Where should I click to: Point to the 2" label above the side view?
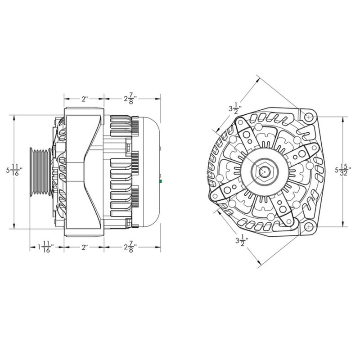(84, 99)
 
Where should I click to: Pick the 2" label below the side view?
(84, 247)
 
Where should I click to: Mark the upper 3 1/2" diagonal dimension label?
(235, 108)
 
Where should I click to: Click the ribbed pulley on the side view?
(40, 171)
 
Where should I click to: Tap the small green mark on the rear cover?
(161, 182)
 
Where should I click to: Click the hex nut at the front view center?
(264, 171)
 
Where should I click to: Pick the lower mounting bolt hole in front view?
(308, 226)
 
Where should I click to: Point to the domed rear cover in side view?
(148, 171)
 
